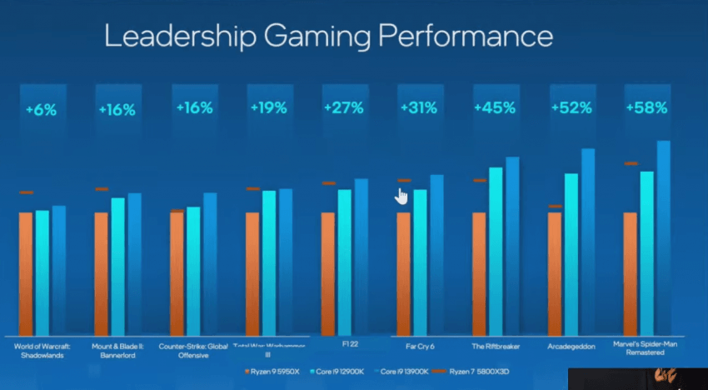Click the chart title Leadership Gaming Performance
[327, 37]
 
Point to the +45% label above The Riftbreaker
[494, 107]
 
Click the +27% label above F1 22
[343, 108]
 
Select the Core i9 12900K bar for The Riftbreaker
[496, 250]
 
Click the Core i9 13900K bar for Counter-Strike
[210, 262]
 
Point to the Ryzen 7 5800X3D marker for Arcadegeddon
[555, 206]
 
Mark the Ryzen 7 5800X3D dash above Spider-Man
[631, 163]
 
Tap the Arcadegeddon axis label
[570, 346]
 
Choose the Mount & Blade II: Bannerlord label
[117, 349]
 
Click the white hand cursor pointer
[401, 196]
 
